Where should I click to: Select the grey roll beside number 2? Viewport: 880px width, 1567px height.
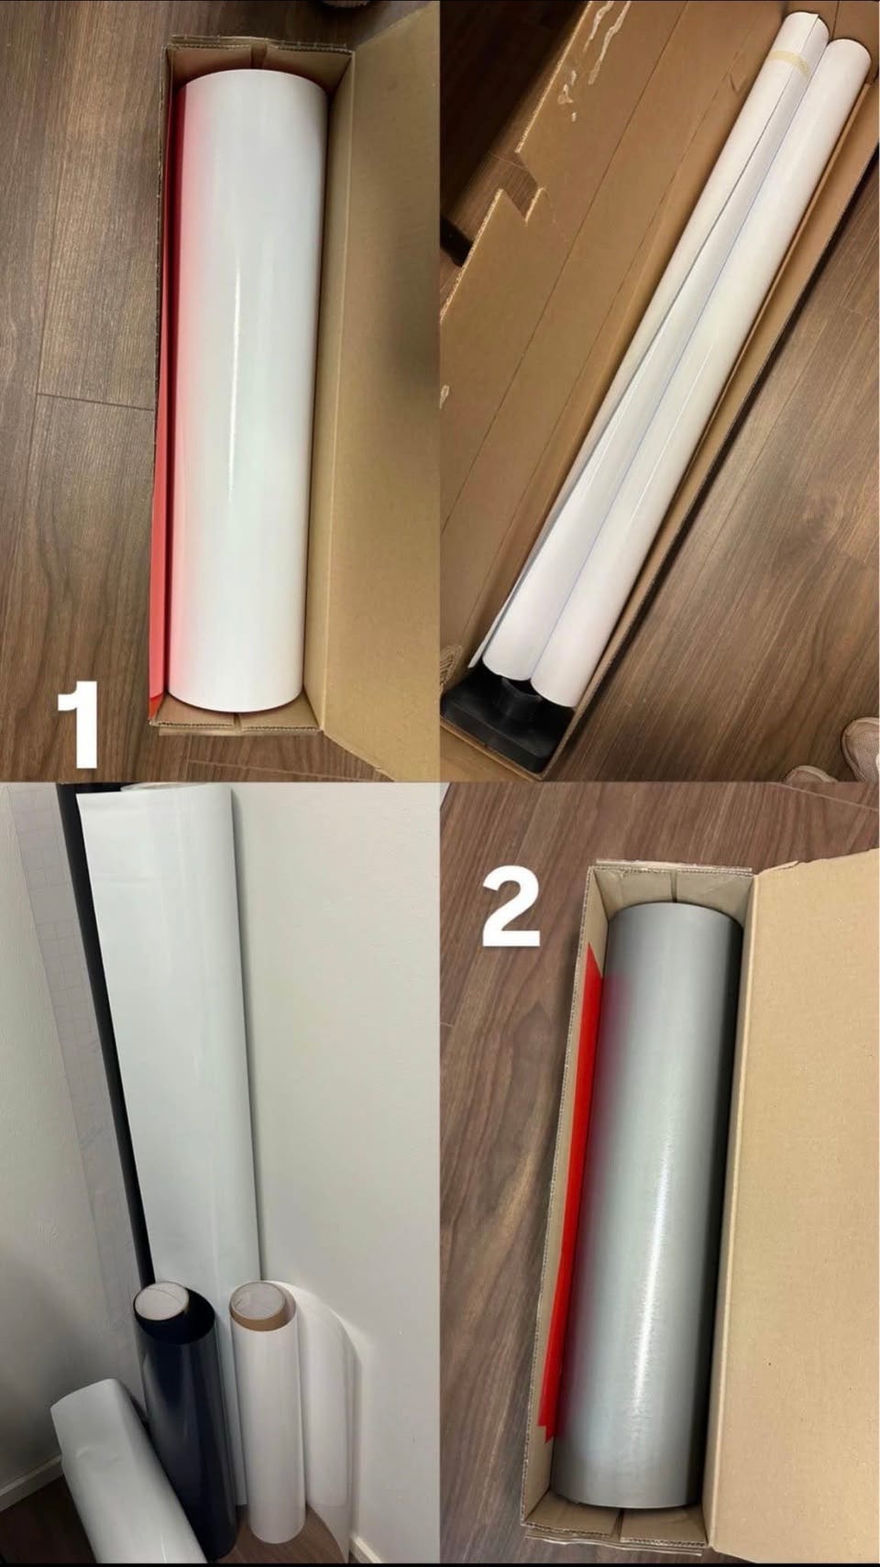(657, 1179)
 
